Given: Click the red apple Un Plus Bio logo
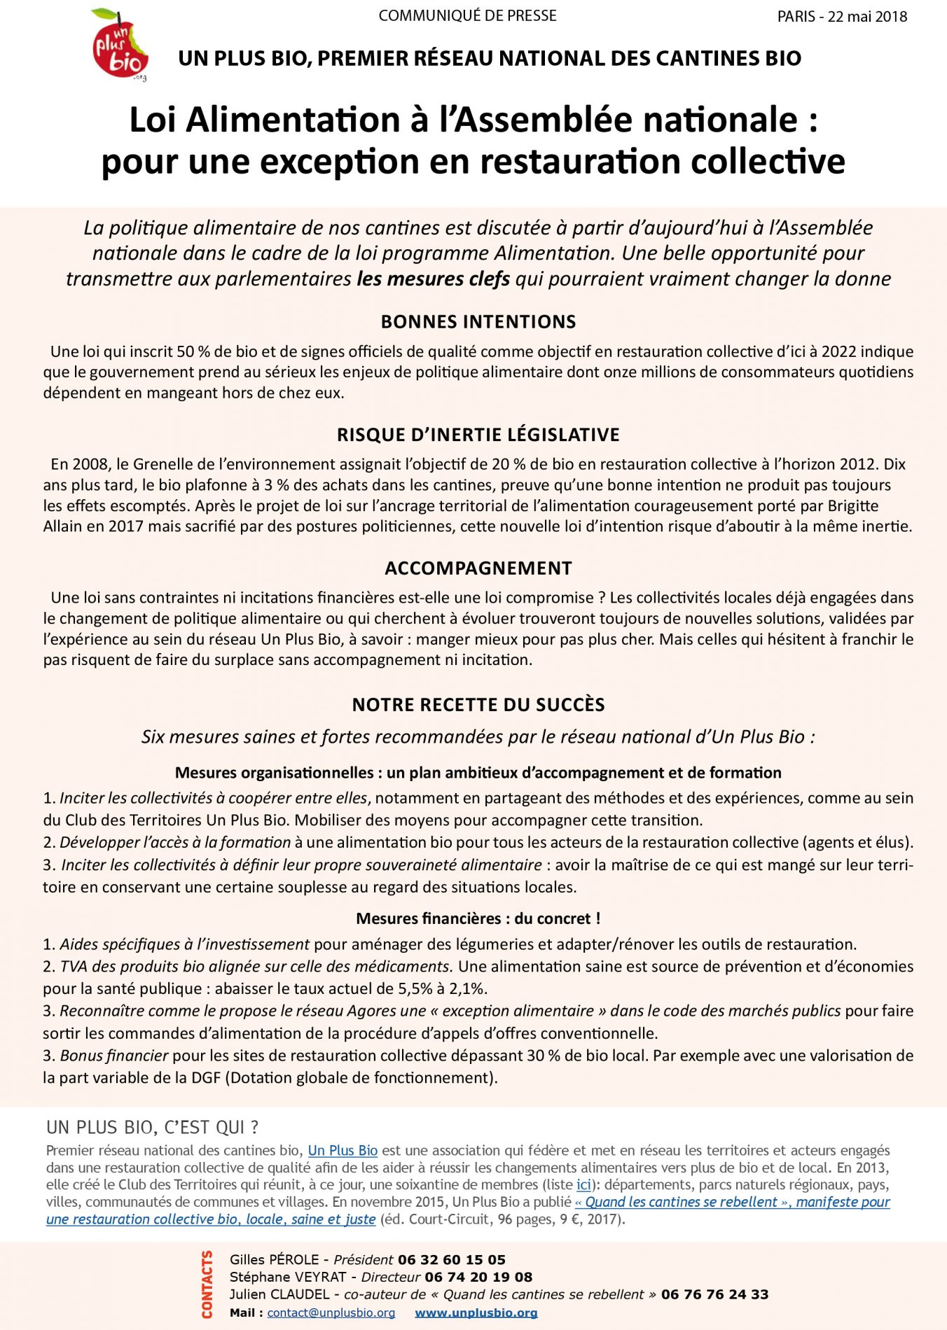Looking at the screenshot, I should click(x=120, y=44).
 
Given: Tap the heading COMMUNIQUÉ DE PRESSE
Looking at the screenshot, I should click(x=467, y=15).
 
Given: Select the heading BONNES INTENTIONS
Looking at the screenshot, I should click(x=478, y=322).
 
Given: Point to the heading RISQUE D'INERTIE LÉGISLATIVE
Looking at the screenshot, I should click(x=478, y=435).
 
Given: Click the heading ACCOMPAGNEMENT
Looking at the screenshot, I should click(x=478, y=568).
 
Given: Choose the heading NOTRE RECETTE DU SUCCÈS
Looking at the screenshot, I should click(x=478, y=705).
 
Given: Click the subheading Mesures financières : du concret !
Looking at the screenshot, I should click(x=478, y=918).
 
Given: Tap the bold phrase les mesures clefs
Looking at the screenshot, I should click(x=433, y=279).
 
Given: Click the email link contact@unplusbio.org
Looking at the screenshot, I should click(x=331, y=1312).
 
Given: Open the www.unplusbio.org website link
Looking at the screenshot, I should click(x=476, y=1312).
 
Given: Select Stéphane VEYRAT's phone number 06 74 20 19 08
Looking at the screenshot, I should click(x=478, y=1277).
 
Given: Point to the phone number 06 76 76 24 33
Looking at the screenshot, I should click(x=714, y=1294).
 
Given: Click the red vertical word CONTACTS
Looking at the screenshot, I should click(x=207, y=1284).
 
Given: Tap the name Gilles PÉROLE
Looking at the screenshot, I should click(x=275, y=1259).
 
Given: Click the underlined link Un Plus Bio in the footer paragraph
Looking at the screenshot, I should click(x=343, y=1150).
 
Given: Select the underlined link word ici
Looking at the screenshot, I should click(x=583, y=1184).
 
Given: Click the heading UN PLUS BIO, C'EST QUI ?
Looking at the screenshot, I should click(x=153, y=1127).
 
